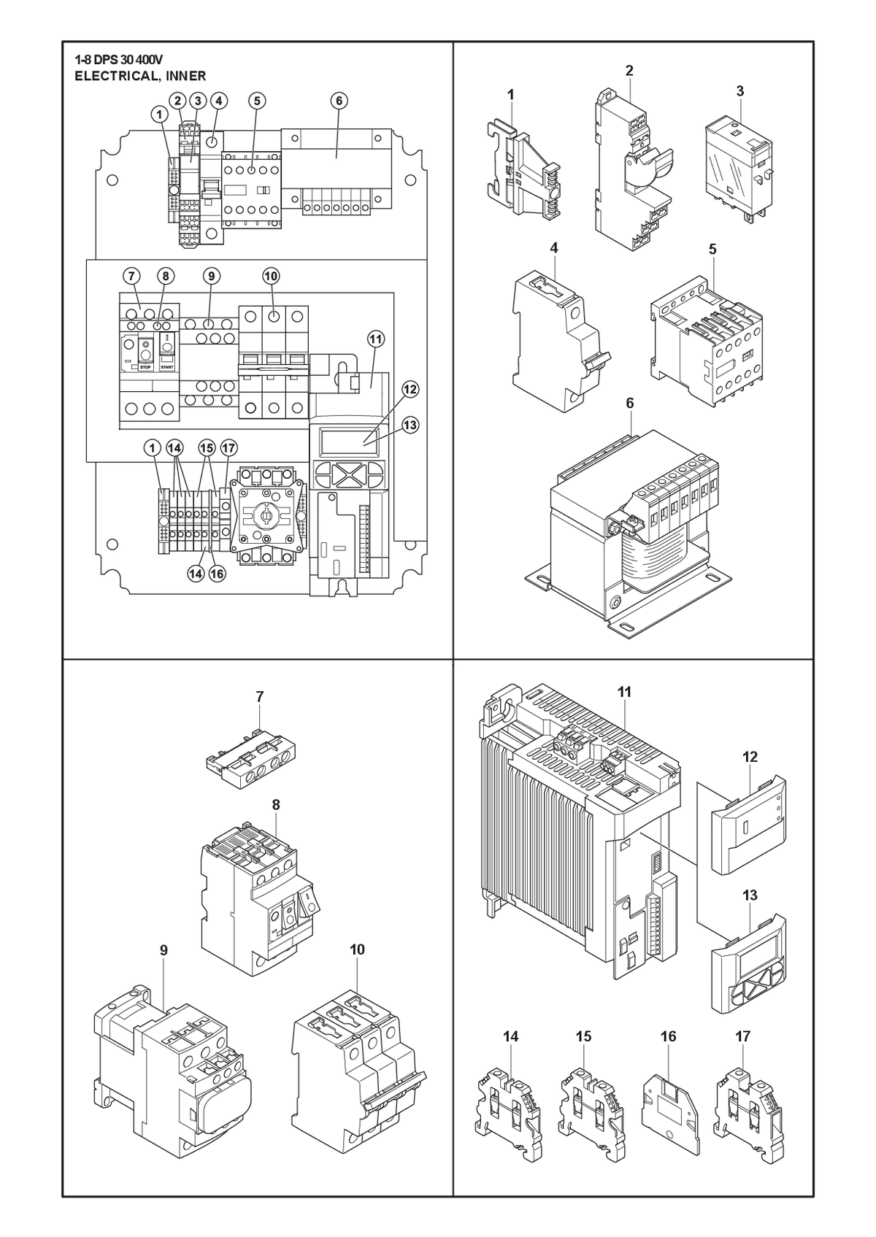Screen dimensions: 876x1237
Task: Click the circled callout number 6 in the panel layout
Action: click(339, 101)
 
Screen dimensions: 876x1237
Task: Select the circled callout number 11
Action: click(376, 339)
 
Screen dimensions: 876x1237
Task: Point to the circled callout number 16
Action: click(217, 574)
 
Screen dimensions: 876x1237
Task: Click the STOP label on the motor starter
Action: click(146, 367)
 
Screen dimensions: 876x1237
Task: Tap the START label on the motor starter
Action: click(166, 367)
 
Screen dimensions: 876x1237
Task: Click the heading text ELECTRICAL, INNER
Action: click(140, 76)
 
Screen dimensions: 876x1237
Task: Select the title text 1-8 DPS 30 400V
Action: click(119, 60)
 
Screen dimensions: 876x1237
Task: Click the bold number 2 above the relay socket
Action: click(629, 71)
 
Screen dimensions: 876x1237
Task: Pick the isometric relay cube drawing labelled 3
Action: click(739, 166)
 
